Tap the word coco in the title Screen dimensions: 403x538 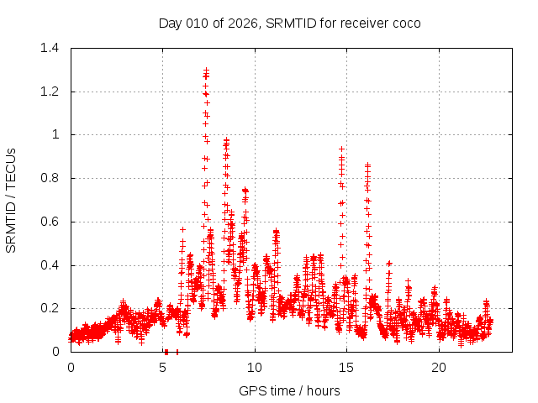coord(406,23)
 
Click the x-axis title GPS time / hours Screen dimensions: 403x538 coord(289,390)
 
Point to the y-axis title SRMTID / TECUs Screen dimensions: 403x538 coord(12,200)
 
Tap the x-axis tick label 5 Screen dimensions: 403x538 coord(163,368)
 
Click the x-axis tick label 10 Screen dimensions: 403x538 coord(255,368)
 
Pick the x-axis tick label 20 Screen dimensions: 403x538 coord(439,368)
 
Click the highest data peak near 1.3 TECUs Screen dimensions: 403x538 coord(206,71)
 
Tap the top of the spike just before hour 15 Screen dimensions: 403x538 coord(341,149)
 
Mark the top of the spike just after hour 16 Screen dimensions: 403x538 coord(367,165)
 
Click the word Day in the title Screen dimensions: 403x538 coord(171,23)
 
